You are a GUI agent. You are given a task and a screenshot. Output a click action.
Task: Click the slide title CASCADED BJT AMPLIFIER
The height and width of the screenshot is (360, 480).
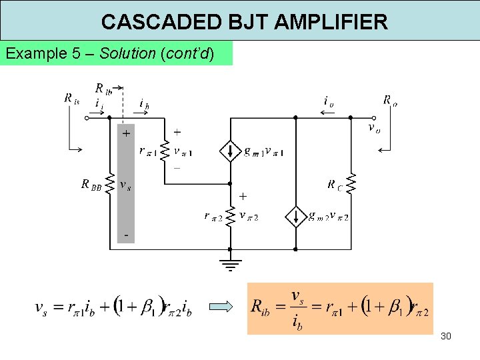244,22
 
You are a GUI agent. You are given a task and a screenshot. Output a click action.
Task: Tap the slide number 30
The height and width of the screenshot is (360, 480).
446,336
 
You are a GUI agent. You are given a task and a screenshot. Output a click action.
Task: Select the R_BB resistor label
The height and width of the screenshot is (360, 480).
91,184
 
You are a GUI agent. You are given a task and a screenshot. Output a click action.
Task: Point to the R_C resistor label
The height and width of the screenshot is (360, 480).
335,185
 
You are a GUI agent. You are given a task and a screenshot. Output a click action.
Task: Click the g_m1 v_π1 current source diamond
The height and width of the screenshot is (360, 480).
230,151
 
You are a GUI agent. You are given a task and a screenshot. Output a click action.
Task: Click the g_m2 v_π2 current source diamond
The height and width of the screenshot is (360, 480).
295,216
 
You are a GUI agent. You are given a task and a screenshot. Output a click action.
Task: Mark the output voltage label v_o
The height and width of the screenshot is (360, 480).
375,127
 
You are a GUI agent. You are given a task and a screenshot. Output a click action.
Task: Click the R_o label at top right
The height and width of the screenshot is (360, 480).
390,101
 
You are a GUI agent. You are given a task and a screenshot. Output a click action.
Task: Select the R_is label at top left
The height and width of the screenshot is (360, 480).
71,99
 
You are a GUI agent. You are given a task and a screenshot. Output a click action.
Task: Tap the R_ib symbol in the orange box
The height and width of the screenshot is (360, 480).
262,307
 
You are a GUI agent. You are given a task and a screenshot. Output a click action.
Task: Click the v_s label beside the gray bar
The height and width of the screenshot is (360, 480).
125,184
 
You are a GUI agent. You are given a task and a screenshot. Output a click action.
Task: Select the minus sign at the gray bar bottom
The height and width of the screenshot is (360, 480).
125,237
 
